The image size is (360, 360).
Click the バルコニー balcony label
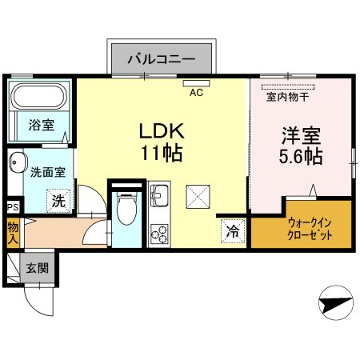(x=162, y=59)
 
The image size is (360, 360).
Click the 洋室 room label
(x=301, y=135)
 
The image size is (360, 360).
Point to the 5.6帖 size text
(x=301, y=157)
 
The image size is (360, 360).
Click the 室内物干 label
(x=287, y=98)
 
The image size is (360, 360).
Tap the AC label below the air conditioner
(x=195, y=92)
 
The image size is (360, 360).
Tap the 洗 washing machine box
(x=58, y=201)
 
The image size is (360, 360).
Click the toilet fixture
(x=126, y=210)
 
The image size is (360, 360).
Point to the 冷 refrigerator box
(x=230, y=232)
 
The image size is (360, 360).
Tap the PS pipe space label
(x=12, y=207)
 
